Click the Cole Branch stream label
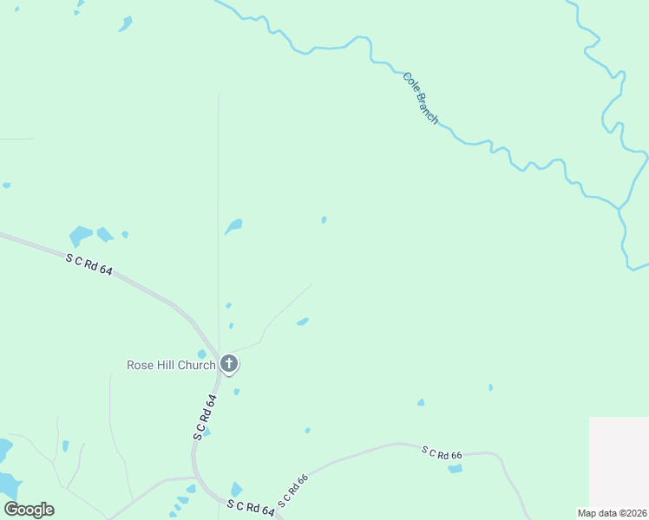point(421,97)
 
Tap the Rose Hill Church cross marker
point(229,364)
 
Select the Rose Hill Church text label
point(171,365)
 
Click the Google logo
point(29,510)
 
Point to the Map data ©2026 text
point(612,513)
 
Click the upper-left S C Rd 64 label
point(89,264)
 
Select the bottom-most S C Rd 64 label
point(251,508)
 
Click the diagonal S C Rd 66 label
point(293,491)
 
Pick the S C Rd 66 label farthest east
point(442,452)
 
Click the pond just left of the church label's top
point(201,354)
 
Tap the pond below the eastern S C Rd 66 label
point(456,469)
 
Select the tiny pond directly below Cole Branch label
point(324,220)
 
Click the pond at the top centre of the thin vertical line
point(233,226)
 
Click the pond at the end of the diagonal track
point(303,322)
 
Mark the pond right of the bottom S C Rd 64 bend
point(236,490)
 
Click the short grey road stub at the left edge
point(16,139)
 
